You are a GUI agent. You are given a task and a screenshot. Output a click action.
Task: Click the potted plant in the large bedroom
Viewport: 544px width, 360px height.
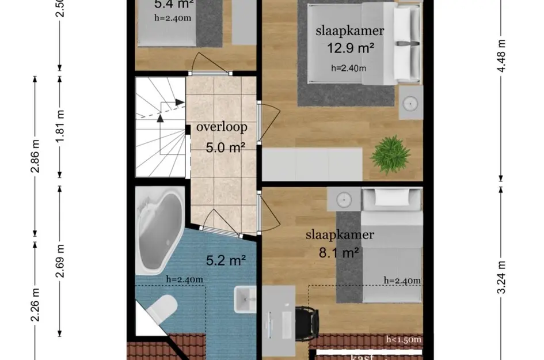pos(390,154)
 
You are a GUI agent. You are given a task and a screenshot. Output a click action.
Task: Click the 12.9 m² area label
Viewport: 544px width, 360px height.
pos(351,48)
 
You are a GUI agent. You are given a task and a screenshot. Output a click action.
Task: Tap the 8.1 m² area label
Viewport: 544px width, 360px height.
pos(340,252)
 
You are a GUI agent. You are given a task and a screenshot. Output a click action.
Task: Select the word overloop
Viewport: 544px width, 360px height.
pos(222,127)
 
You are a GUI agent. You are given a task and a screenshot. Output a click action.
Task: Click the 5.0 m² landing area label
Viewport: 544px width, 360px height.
pos(226,147)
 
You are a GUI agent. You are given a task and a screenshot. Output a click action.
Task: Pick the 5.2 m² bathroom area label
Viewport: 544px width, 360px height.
pos(226,260)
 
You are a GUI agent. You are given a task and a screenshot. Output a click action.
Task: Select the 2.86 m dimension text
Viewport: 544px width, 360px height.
pos(36,157)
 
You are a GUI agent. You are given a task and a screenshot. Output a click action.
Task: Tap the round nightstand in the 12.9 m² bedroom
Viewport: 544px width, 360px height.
pos(410,103)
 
